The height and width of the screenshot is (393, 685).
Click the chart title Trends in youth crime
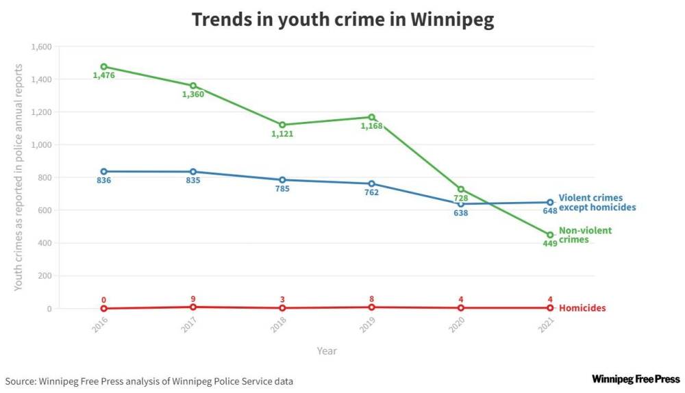click(x=342, y=19)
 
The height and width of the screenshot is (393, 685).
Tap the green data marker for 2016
click(x=103, y=67)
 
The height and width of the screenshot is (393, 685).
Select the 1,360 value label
click(x=193, y=94)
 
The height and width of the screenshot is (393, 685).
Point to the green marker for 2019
click(x=371, y=117)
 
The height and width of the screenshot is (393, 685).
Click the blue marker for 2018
click(x=282, y=180)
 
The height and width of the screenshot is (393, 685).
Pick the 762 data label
click(x=371, y=192)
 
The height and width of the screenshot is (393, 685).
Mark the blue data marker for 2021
click(x=550, y=203)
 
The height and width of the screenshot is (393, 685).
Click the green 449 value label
click(x=549, y=244)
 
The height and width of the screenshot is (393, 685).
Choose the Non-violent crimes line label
click(x=585, y=235)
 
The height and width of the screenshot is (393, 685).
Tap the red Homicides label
click(x=582, y=308)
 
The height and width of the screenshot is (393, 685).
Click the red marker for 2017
click(x=193, y=307)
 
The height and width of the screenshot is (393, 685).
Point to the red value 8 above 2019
click(x=371, y=299)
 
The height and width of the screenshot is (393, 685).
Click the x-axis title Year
click(x=327, y=351)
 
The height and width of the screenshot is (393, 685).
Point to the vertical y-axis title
click(x=18, y=177)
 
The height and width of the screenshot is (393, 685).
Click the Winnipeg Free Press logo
click(x=636, y=379)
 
